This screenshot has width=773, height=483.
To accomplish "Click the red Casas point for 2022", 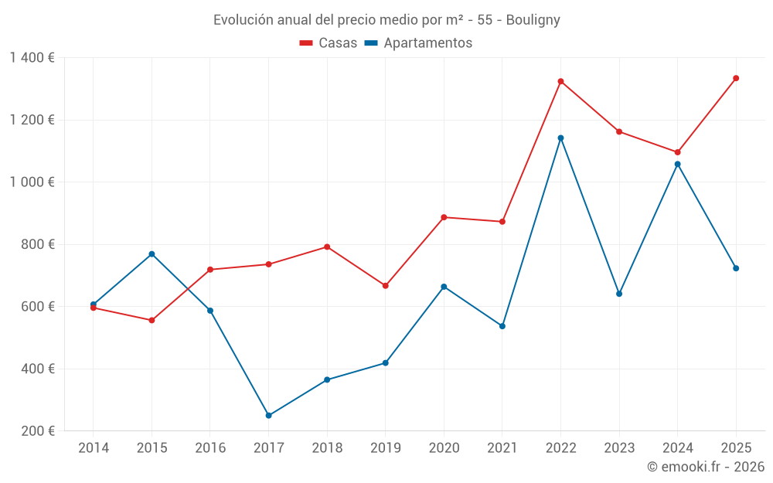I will coord(560,81).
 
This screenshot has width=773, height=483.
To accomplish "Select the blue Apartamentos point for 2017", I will coord(268,416).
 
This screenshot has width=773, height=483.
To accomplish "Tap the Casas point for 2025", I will coord(736,78).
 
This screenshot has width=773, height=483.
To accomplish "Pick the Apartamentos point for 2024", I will coord(677,164).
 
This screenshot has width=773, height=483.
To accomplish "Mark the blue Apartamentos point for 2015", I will coord(152,254).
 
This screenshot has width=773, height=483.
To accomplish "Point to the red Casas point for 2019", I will coord(385,286).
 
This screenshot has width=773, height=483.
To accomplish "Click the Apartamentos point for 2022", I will coord(560,138).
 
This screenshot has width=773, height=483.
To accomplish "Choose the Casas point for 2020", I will coord(444,217).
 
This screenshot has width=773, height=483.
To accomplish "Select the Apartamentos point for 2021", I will coord(502,326).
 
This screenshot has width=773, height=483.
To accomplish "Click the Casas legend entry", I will coord(329,43).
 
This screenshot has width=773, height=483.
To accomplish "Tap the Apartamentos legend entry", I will coord(418,43).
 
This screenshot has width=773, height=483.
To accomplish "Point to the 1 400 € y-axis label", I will coord(32,58).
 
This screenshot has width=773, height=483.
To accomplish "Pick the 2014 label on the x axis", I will coord(94,448).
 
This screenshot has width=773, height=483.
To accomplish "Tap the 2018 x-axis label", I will coord(327,448).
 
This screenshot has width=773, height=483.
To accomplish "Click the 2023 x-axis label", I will coord(619,448).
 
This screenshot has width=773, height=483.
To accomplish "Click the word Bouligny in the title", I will coord(533,20).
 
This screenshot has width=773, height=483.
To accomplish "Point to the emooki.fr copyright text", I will coord(706,467).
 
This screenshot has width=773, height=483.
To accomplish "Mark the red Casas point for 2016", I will coord(210,270).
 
